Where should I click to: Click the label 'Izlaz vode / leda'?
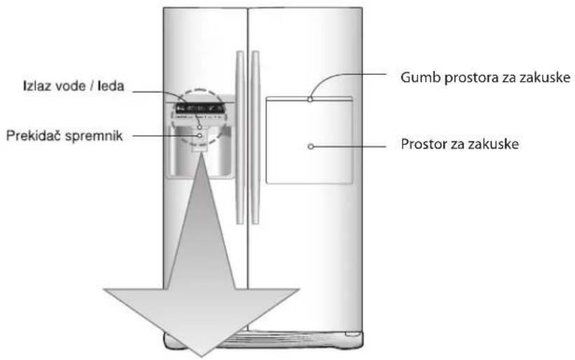coord(74,86)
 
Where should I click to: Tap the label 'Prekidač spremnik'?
coord(64,136)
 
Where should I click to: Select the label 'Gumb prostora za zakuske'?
coord(485,78)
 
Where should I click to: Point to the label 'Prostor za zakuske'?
coord(459,144)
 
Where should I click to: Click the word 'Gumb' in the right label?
coord(420,78)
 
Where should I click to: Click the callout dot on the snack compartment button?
coord(310,99)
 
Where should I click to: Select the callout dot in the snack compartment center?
coord(310,146)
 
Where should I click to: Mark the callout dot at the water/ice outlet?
coord(200,127)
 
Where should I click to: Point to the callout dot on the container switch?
coord(200,136)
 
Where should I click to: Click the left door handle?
coord(240,137)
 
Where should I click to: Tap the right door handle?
coord(255,137)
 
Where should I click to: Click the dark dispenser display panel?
coord(200,108)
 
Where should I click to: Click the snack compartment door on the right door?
coord(309,140)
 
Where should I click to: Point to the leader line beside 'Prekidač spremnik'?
coord(165,136)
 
